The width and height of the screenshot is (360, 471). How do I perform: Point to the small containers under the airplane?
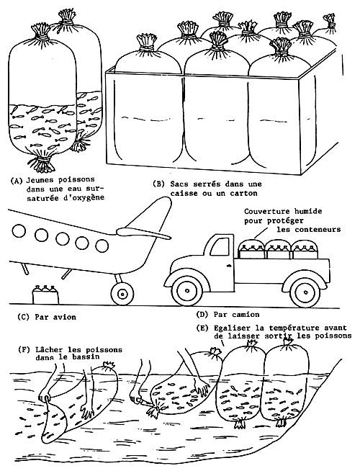tap(45, 292)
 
